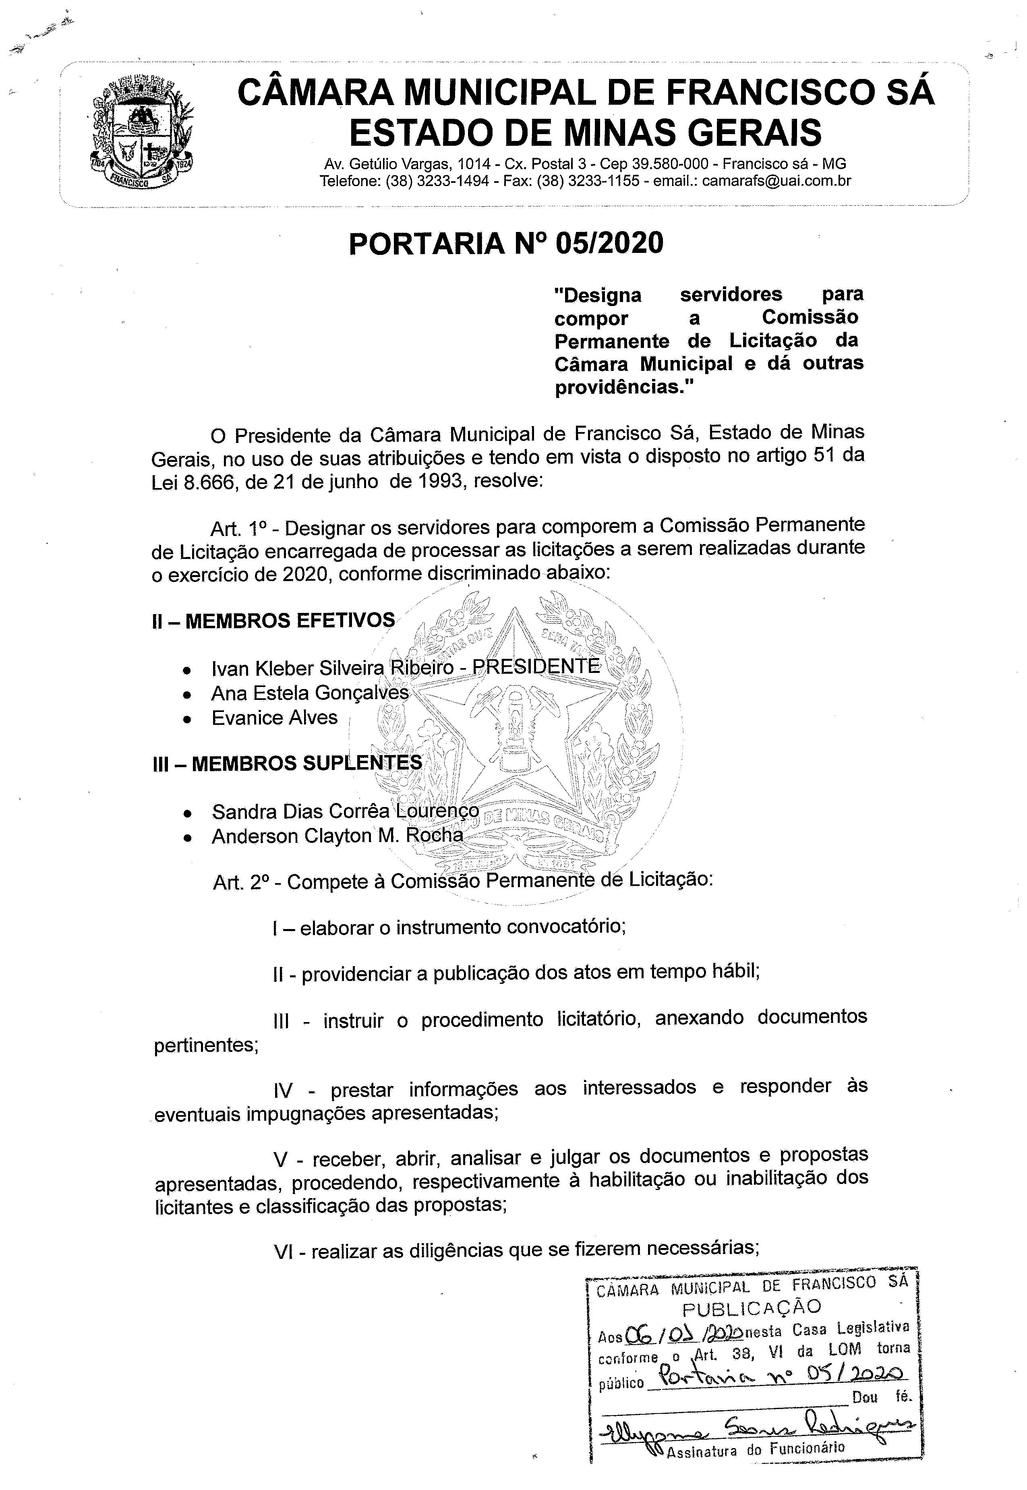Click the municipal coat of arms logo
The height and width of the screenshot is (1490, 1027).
[x=143, y=132]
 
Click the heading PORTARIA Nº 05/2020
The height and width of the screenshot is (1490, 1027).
[x=506, y=244]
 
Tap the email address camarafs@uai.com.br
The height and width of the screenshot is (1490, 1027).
[x=776, y=181]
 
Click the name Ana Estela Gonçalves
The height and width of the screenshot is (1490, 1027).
[x=310, y=693]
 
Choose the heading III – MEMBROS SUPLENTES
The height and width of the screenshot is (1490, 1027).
[x=287, y=763]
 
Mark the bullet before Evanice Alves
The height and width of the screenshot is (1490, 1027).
[x=186, y=719]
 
